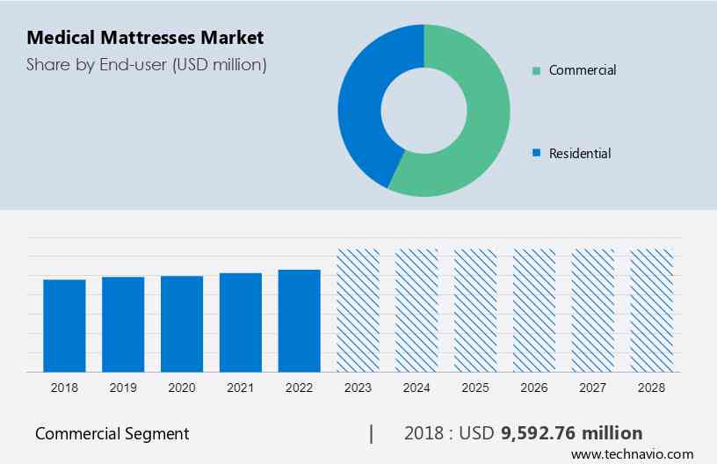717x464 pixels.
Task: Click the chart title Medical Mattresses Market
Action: click(145, 38)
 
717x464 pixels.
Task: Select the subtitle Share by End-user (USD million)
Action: click(146, 64)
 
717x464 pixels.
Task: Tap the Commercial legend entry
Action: click(582, 70)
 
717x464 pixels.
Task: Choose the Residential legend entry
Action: click(579, 153)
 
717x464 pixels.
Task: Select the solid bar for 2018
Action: click(64, 325)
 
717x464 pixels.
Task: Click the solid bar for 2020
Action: click(182, 323)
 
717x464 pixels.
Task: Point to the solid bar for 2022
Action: click(300, 320)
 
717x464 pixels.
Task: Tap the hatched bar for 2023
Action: click(358, 310)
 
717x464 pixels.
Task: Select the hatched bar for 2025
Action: click(475, 310)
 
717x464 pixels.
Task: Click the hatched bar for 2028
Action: click(652, 310)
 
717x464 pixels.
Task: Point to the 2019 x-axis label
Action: click(123, 387)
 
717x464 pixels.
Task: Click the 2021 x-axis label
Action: click(241, 387)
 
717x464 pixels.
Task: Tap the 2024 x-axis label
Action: click(416, 387)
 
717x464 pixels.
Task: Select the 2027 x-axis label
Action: click(593, 387)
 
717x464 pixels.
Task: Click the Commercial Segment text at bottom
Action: click(112, 433)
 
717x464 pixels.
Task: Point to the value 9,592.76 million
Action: click(571, 433)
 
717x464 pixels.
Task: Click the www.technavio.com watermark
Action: click(632, 454)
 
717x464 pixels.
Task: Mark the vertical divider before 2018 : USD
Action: click(372, 433)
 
